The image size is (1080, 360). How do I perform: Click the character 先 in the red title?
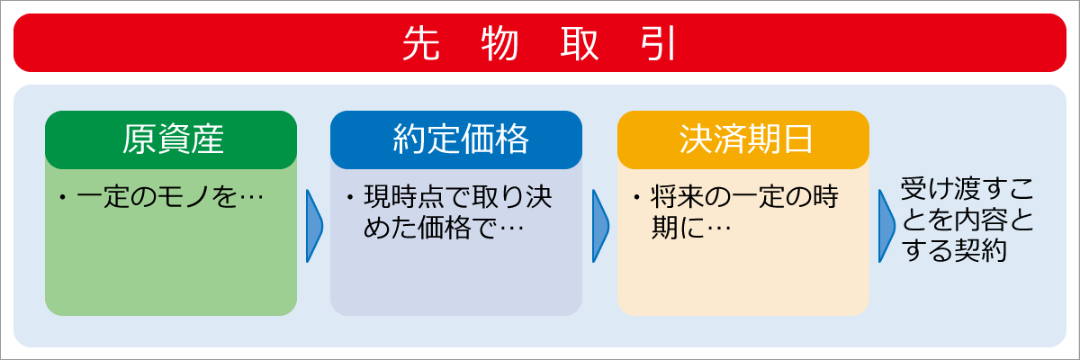click(x=421, y=43)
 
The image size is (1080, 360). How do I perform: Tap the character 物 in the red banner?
click(x=500, y=43)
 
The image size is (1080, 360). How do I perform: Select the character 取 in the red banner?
click(x=579, y=43)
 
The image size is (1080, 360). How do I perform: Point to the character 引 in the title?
click(x=659, y=43)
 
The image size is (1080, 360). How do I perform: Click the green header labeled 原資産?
click(x=171, y=139)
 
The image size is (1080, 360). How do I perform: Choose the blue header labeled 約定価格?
click(x=456, y=139)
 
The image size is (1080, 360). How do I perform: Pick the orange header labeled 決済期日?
click(x=743, y=139)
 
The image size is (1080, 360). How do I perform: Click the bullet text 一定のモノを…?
click(x=170, y=197)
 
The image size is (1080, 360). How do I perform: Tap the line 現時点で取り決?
click(x=457, y=197)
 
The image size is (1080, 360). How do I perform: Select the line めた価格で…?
click(x=444, y=228)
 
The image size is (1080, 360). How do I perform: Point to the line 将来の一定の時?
click(x=744, y=197)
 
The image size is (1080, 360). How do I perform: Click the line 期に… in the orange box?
click(x=691, y=228)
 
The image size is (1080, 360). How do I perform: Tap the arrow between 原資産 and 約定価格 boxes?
click(x=314, y=226)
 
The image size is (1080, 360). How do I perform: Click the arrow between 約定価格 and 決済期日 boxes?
click(x=601, y=226)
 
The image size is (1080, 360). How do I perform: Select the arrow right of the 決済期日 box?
click(x=886, y=226)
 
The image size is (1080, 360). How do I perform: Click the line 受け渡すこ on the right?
click(x=967, y=189)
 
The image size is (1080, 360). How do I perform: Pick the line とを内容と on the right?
click(x=967, y=220)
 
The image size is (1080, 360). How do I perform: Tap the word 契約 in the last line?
click(x=980, y=250)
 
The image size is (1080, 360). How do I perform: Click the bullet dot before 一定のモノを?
click(x=62, y=197)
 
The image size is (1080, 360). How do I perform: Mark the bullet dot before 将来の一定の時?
click(x=636, y=197)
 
